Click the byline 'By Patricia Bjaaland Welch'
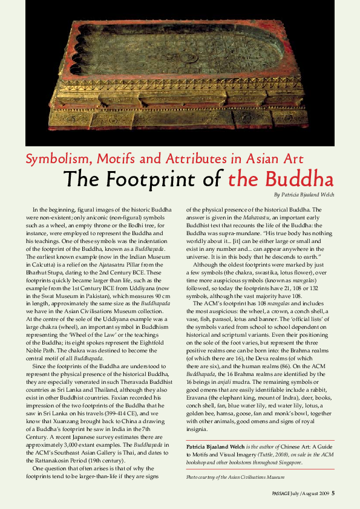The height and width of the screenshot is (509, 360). [304, 195]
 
